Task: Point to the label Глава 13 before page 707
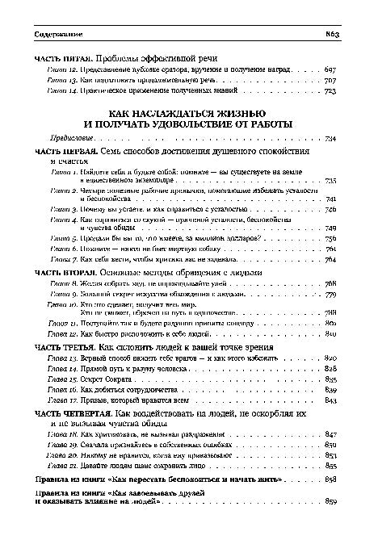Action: click(62, 82)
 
